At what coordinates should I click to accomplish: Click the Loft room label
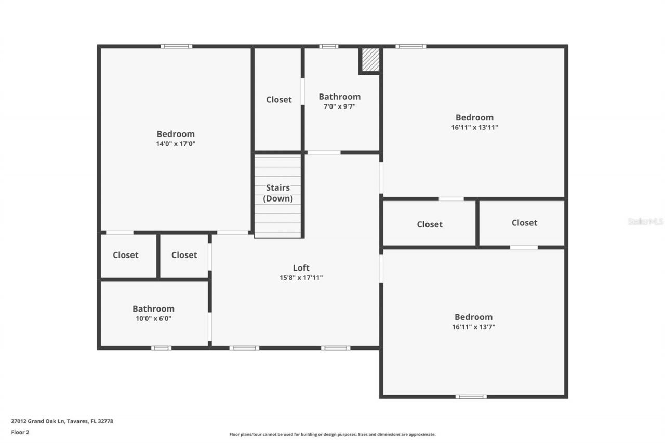301,268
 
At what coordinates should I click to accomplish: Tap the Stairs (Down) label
278,193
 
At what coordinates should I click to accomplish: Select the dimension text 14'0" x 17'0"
176,144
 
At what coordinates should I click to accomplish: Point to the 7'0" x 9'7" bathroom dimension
339,106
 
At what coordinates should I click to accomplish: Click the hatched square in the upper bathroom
370,60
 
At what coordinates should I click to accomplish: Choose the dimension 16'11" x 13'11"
474,127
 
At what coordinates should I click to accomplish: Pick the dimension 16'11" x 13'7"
473,327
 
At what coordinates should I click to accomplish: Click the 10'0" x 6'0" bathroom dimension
153,318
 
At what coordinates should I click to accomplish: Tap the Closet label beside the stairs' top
278,100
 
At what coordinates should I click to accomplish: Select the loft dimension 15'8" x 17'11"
301,278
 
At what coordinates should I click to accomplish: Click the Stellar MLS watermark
645,221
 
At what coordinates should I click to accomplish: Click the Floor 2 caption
20,432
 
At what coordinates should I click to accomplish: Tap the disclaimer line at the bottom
332,434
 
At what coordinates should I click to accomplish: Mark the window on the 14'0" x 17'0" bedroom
176,46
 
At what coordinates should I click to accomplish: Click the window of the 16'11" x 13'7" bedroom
471,397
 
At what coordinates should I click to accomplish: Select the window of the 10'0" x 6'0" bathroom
161,347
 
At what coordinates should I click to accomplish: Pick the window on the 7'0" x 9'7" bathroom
328,46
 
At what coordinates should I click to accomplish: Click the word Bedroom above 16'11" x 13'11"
474,117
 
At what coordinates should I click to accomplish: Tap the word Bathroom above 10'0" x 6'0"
153,308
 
